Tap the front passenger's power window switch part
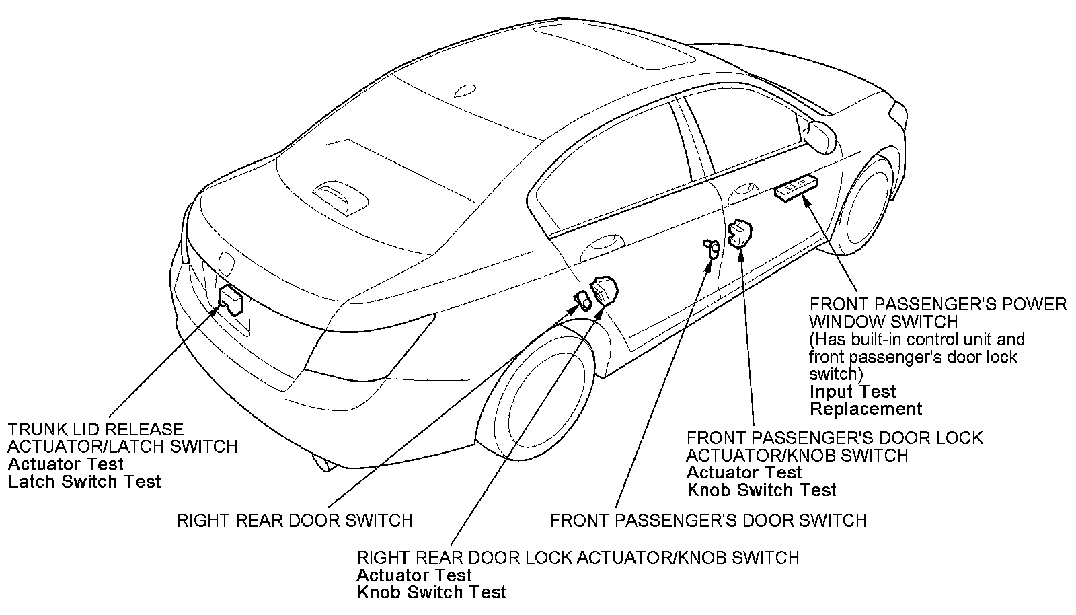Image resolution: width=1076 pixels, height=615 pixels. click(796, 188)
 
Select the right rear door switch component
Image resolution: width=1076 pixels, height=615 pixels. click(581, 300)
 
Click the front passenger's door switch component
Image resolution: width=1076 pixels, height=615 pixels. click(712, 248)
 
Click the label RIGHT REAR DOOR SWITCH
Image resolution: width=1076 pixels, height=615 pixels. click(295, 521)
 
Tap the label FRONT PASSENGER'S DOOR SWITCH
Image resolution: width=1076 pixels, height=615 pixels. click(708, 521)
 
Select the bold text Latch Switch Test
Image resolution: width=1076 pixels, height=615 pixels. click(85, 482)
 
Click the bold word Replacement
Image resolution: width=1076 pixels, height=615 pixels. click(866, 409)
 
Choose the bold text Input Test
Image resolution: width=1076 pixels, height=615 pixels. click(853, 392)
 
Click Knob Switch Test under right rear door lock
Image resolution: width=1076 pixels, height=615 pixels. click(432, 593)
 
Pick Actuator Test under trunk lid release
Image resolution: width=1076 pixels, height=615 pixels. click(66, 464)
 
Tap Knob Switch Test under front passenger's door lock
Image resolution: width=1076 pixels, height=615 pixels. click(761, 491)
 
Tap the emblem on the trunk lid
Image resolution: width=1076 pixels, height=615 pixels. click(225, 262)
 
